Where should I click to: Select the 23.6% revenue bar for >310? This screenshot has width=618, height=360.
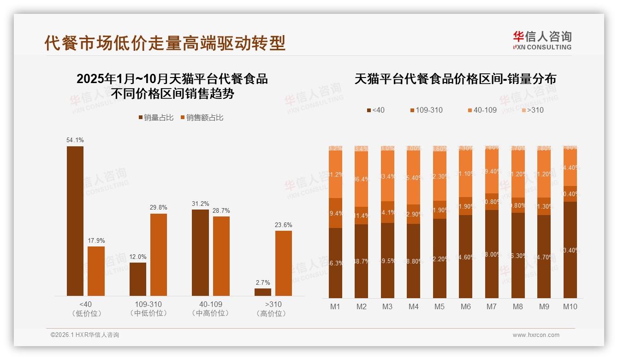click(284, 263)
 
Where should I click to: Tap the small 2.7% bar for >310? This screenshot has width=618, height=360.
click(263, 292)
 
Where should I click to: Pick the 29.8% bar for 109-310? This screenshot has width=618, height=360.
click(159, 254)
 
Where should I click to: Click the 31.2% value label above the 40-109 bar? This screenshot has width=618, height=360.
click(200, 204)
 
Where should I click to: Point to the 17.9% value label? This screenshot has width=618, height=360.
click(96, 240)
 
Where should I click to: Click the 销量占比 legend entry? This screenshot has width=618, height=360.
click(156, 118)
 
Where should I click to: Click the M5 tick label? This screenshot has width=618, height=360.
click(440, 306)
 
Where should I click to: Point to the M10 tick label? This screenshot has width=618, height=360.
click(570, 306)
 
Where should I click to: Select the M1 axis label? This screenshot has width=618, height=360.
click(335, 306)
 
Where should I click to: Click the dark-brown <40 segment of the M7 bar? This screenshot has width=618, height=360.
click(492, 254)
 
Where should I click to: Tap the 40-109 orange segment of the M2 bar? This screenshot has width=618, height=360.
click(362, 179)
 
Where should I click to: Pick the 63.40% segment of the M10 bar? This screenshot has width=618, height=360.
click(570, 250)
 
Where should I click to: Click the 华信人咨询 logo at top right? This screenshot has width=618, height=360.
click(542, 40)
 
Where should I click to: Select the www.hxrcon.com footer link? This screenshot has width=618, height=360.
click(536, 335)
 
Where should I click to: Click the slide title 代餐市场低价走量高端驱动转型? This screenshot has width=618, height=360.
click(165, 42)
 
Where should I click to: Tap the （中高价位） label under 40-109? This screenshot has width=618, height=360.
click(210, 313)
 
